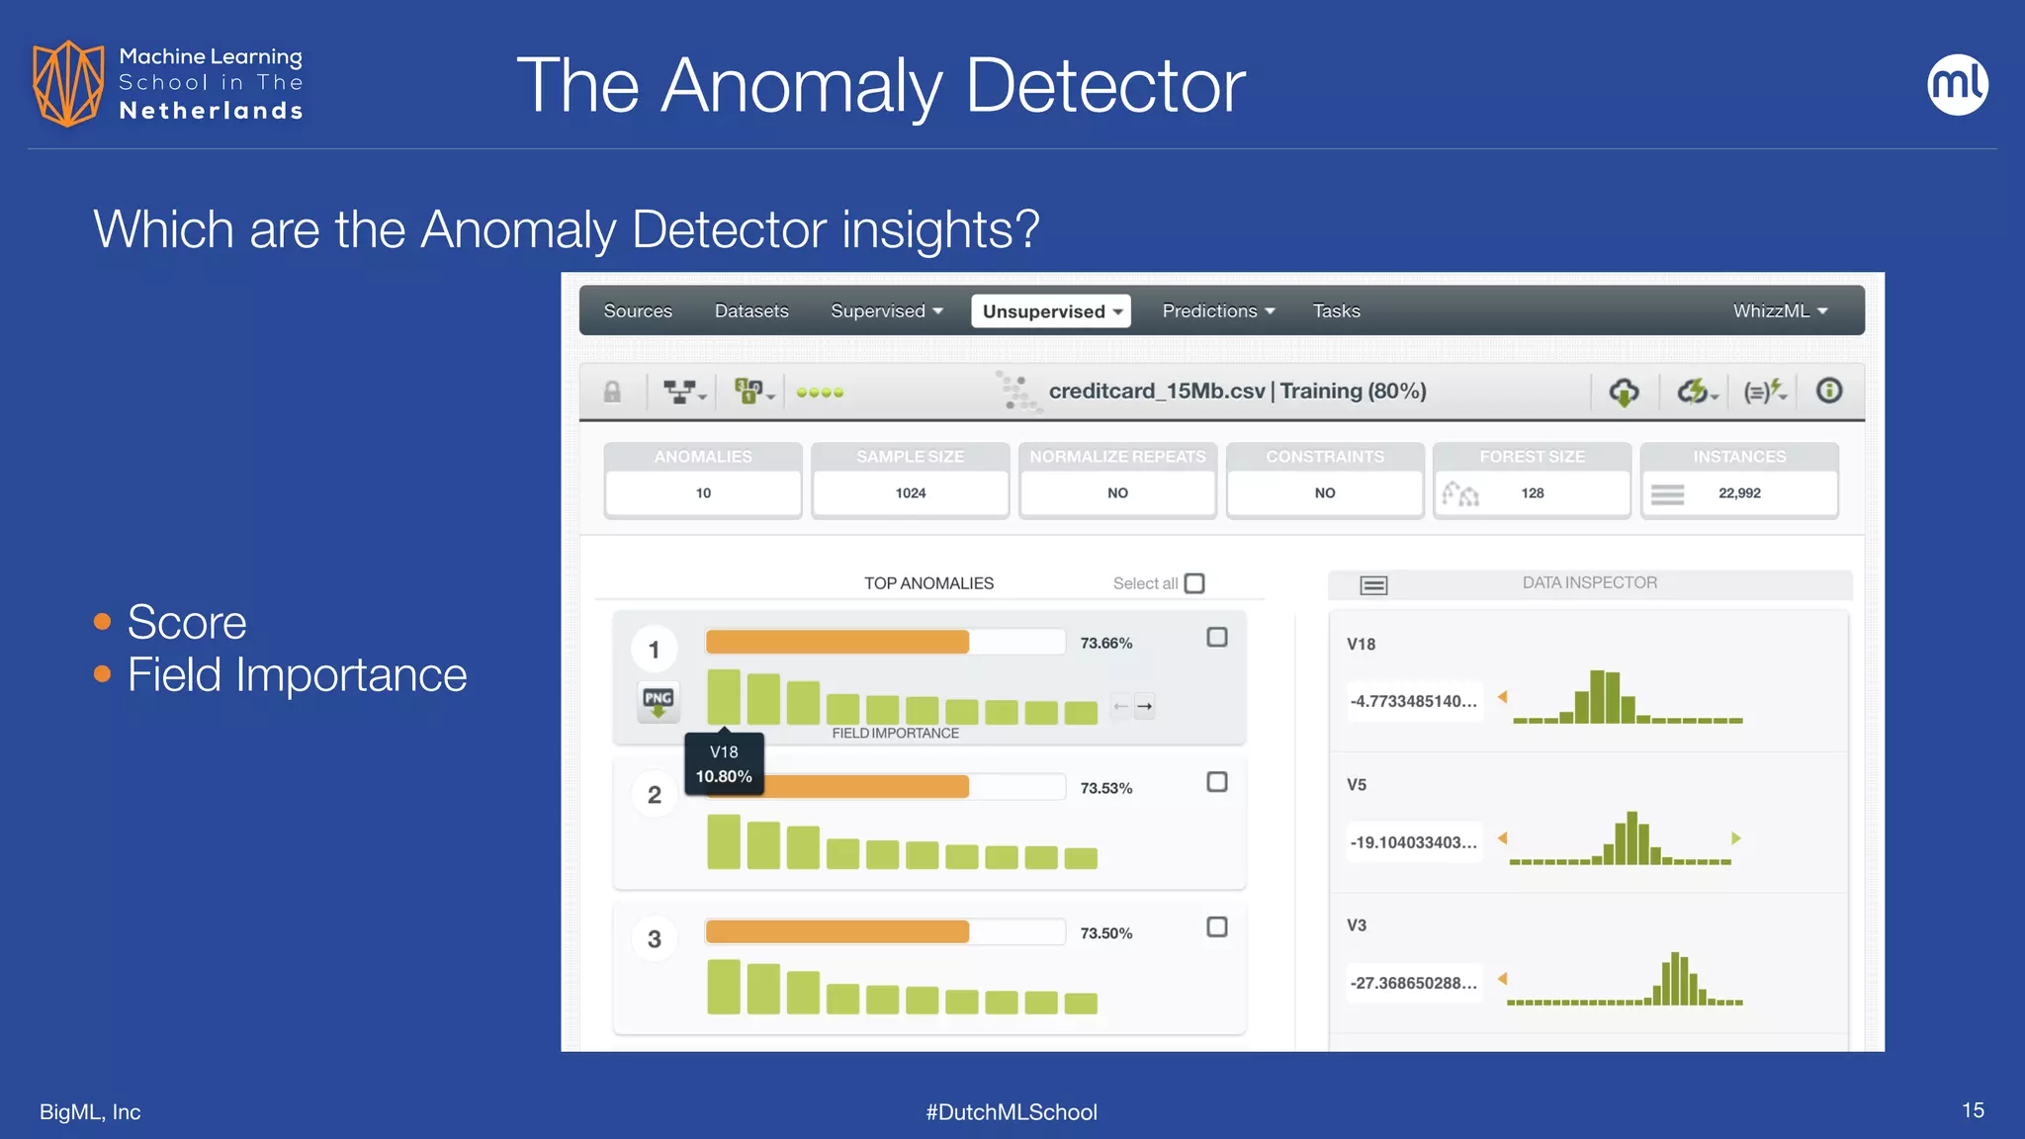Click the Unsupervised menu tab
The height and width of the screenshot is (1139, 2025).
[1050, 311]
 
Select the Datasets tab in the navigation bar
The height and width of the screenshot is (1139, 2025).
[751, 311]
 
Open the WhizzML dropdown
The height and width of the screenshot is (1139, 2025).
[1780, 311]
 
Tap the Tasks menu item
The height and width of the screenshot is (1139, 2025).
[1336, 311]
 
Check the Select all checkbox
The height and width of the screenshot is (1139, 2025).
[1194, 583]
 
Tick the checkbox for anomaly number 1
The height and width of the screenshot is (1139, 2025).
[1217, 638]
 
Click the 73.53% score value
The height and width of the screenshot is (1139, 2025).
[1105, 788]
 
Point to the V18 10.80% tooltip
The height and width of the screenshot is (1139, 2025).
[724, 764]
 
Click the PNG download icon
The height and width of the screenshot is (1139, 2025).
[659, 701]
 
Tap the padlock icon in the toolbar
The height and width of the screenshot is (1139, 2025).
[613, 393]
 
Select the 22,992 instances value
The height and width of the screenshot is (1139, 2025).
[1739, 493]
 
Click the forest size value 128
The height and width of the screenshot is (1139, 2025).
[1533, 493]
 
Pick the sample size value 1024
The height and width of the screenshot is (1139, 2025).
[911, 493]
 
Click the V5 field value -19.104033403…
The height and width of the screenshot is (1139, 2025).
[1414, 842]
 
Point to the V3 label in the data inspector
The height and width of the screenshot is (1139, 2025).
[1357, 925]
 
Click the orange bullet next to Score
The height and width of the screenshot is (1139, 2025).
[102, 622]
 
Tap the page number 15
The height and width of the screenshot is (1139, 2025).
[1973, 1110]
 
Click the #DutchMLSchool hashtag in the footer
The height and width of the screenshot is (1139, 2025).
[1012, 1112]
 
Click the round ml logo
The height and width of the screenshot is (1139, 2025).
[1958, 85]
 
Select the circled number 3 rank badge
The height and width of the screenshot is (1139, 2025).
[655, 939]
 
